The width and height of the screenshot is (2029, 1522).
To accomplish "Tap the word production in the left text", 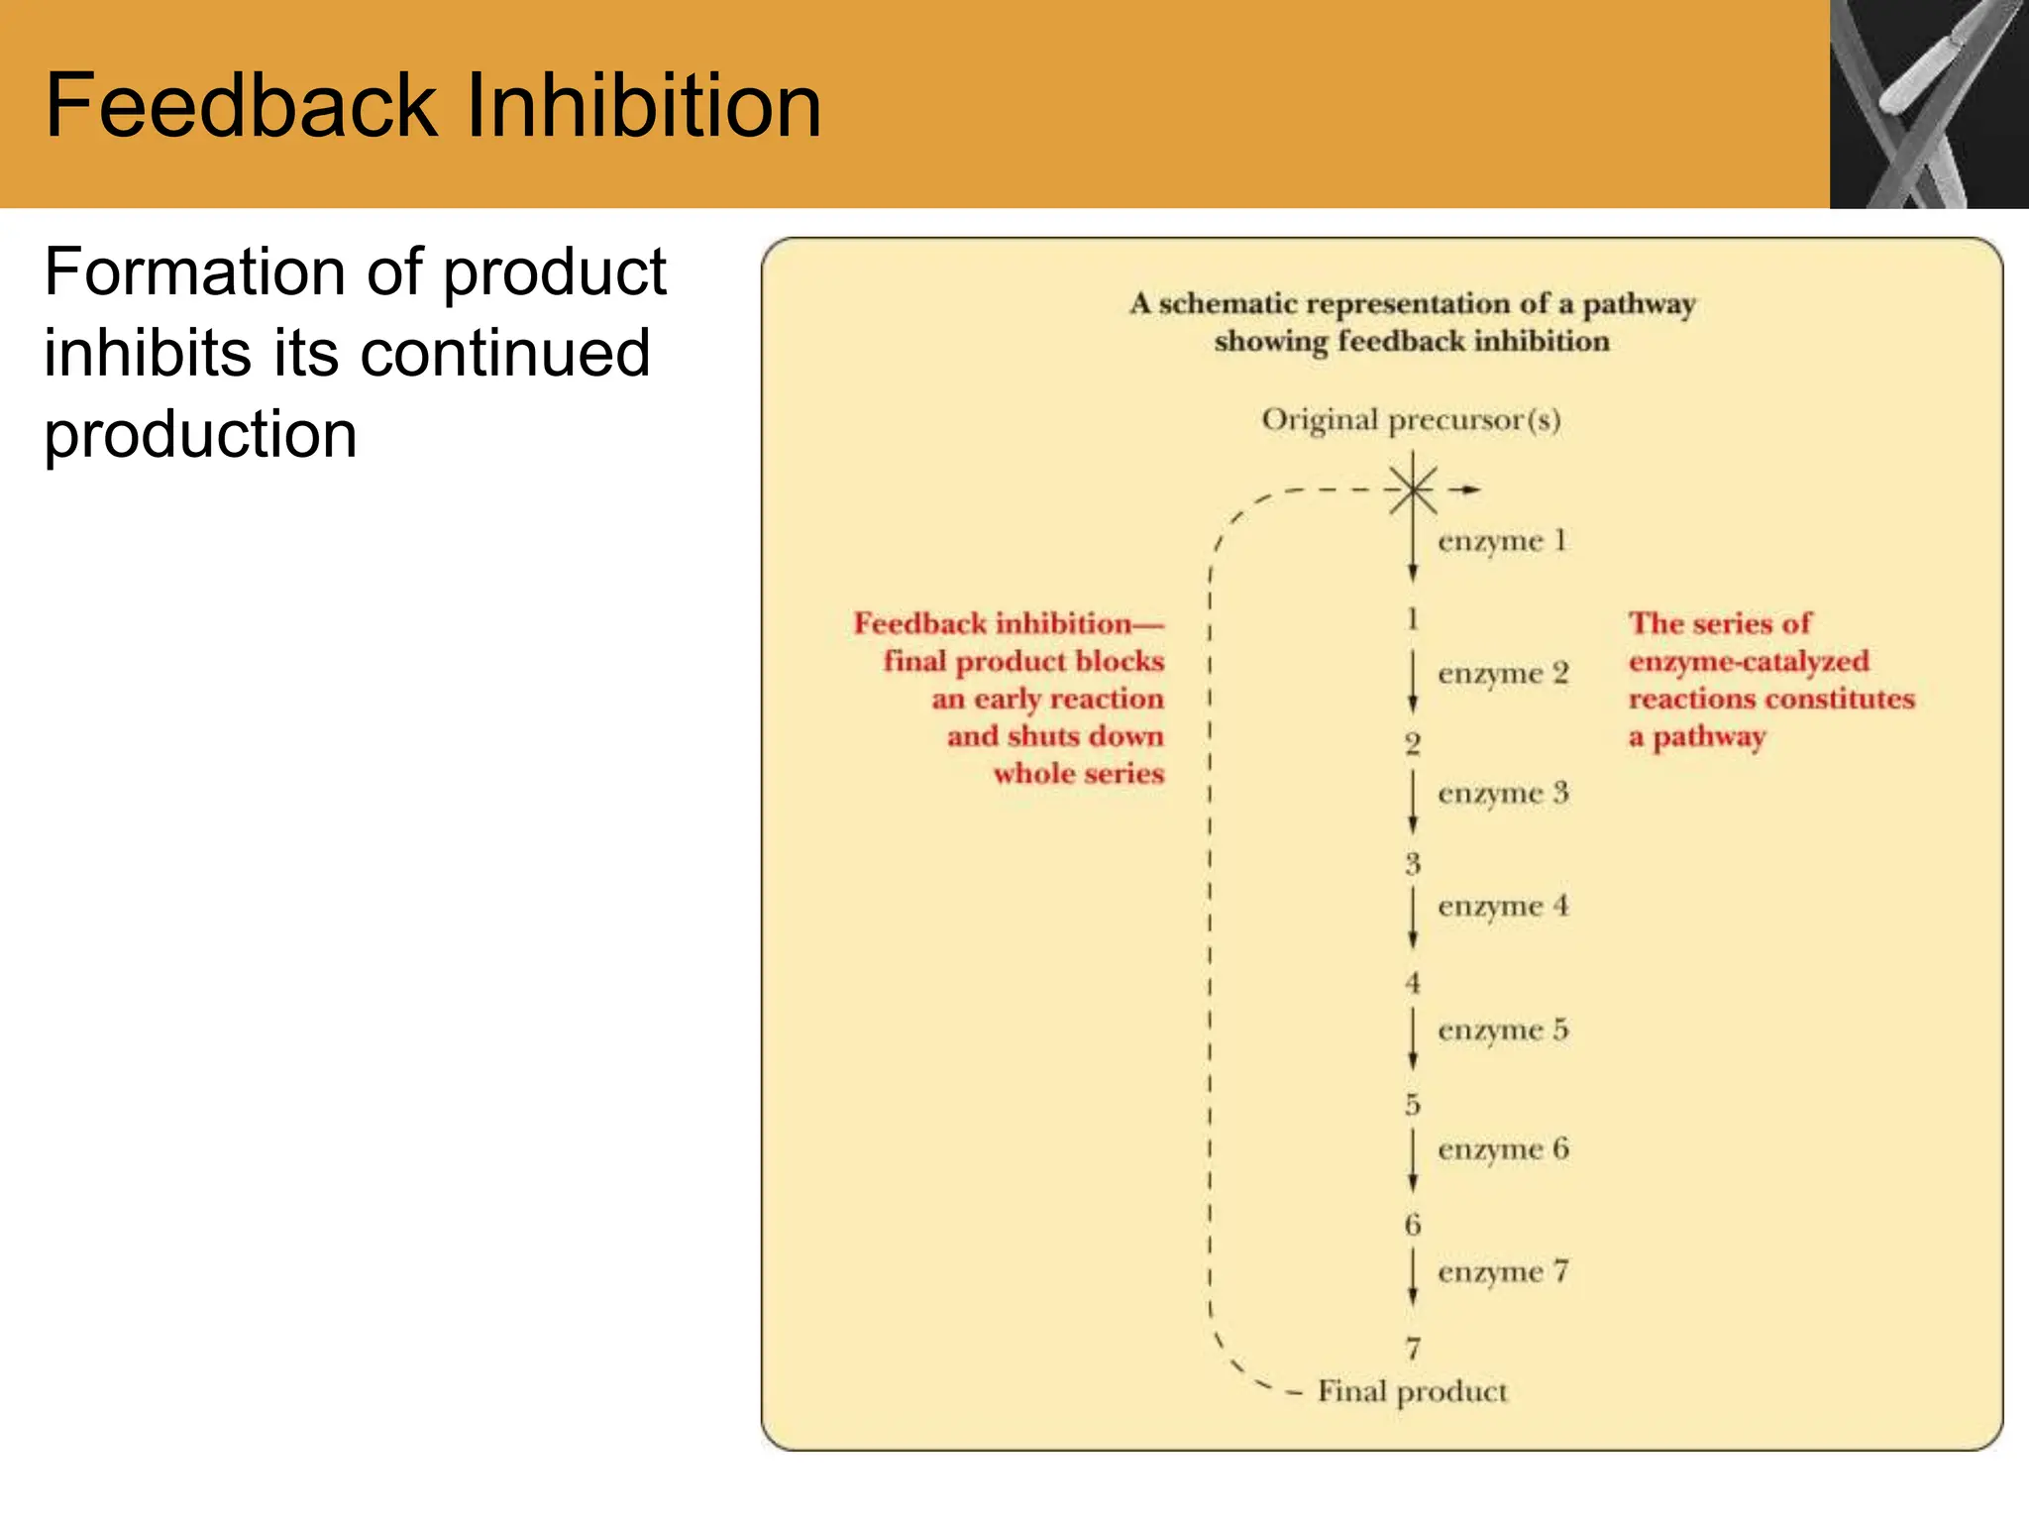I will point(200,436).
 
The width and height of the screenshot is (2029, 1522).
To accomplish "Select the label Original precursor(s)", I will point(1411,420).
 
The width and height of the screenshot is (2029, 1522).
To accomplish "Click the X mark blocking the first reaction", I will point(1412,489).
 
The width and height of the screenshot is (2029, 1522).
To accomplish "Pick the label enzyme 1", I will point(1502,541).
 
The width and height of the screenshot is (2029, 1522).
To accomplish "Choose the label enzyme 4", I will point(1503,906).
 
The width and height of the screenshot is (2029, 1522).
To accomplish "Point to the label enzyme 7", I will point(1503,1271).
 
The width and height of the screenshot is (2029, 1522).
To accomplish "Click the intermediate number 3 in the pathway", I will point(1413,864).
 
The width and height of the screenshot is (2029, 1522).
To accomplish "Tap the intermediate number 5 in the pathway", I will point(1413,1104).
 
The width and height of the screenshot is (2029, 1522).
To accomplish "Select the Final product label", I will point(1412,1391).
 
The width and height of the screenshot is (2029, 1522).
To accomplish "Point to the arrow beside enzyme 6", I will point(1413,1159).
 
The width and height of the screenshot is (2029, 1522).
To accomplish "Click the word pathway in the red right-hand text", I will point(1709,738).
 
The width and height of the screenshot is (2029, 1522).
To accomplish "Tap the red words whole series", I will point(1079,774).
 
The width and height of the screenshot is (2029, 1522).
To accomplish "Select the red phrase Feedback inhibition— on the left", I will point(1009,623).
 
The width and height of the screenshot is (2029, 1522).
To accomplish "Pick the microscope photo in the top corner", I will point(1928,103).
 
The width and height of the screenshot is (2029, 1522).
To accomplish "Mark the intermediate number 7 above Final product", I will point(1413,1348).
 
